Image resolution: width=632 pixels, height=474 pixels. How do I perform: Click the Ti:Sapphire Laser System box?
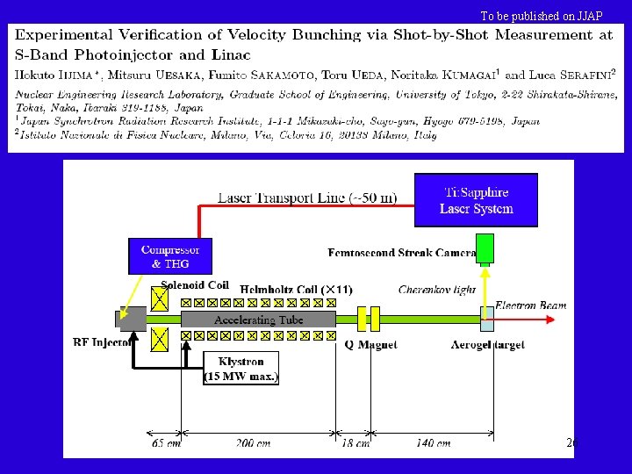coord(477,200)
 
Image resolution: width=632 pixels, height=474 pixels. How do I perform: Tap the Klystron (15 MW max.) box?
coord(241,368)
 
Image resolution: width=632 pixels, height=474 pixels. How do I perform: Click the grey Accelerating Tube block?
coord(258,320)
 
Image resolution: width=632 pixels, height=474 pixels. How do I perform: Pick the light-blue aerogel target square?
coord(486,320)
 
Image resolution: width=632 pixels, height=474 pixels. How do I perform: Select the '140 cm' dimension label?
coord(433,444)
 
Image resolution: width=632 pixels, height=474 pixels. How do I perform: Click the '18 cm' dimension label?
coord(355,444)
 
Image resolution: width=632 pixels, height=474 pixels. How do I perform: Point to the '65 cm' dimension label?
coord(165,444)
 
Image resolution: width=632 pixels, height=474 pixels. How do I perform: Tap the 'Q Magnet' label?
coord(370,345)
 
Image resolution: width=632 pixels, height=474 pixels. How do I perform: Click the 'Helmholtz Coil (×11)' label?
coord(297,289)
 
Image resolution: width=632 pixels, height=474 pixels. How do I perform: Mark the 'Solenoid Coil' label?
coord(195,285)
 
